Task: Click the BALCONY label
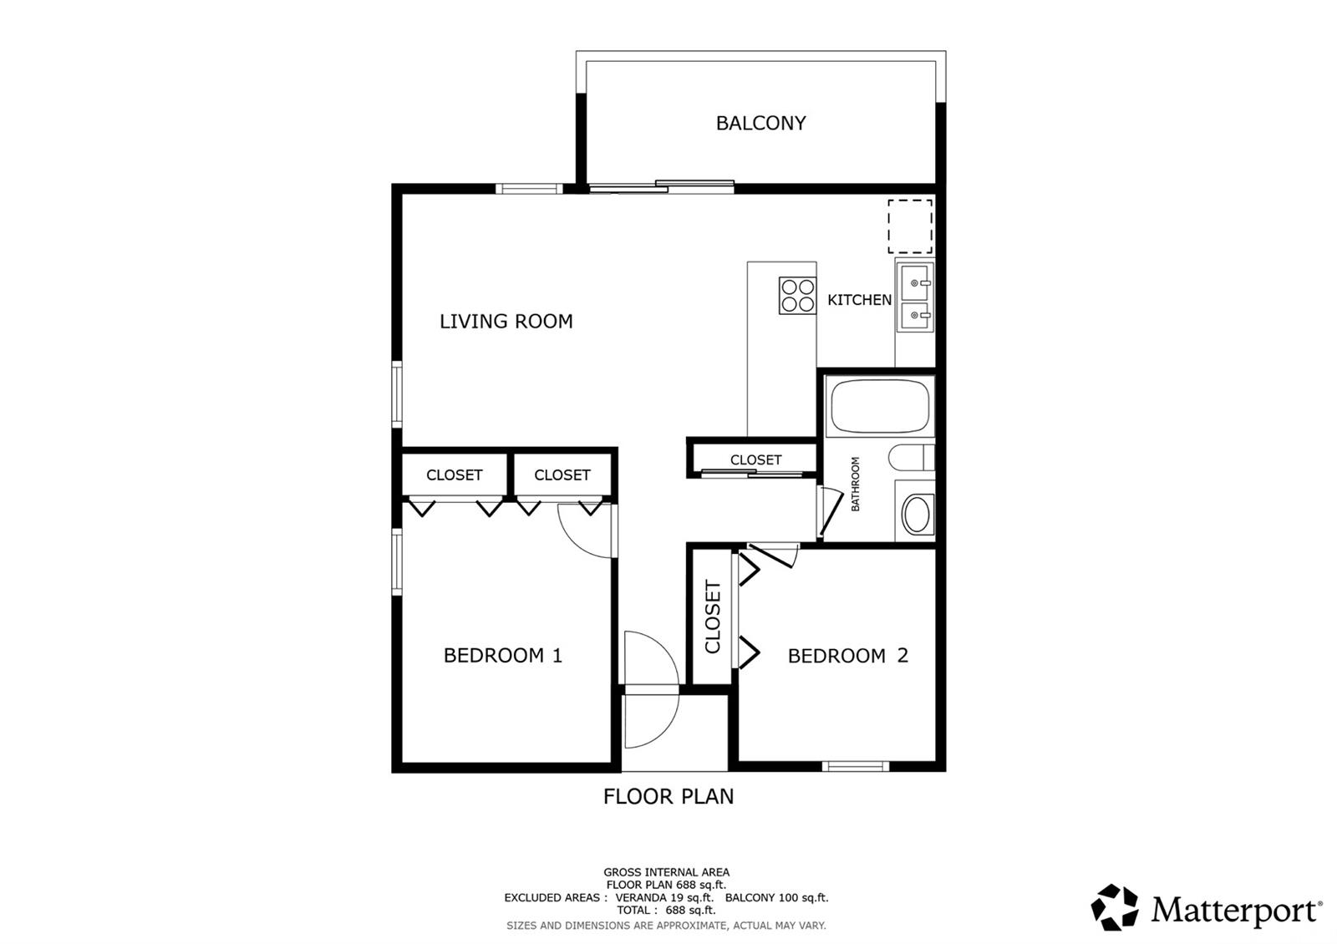(760, 123)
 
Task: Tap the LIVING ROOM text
(506, 321)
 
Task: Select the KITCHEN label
(859, 300)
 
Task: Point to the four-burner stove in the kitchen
(797, 296)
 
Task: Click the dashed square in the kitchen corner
(910, 226)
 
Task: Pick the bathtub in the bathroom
(880, 406)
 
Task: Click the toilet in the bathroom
(911, 457)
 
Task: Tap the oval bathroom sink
(916, 514)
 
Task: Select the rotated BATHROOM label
(855, 484)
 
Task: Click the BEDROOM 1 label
(502, 655)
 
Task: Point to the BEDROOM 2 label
(847, 656)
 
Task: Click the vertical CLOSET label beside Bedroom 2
(713, 617)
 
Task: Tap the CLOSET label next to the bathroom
(755, 459)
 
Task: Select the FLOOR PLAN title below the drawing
(668, 796)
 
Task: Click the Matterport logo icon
(1114, 907)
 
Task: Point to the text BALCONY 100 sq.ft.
(776, 897)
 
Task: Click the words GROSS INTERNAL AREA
(666, 872)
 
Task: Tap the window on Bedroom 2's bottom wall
(856, 766)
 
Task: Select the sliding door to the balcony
(661, 186)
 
